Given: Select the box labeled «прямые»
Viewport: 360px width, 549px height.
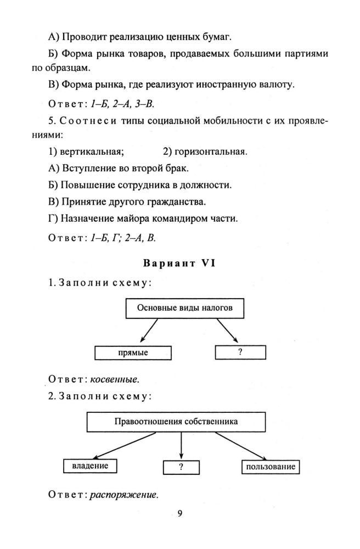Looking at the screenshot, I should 133,352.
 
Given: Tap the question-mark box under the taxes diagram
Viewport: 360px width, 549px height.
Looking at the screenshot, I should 240,352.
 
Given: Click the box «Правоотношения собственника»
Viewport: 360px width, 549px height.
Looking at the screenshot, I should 180,422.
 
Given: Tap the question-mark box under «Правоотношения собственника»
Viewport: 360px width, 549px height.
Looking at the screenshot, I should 181,467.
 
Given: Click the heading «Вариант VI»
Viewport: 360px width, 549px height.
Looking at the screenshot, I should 180,263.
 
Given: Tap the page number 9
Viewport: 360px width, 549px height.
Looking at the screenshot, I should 180,514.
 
